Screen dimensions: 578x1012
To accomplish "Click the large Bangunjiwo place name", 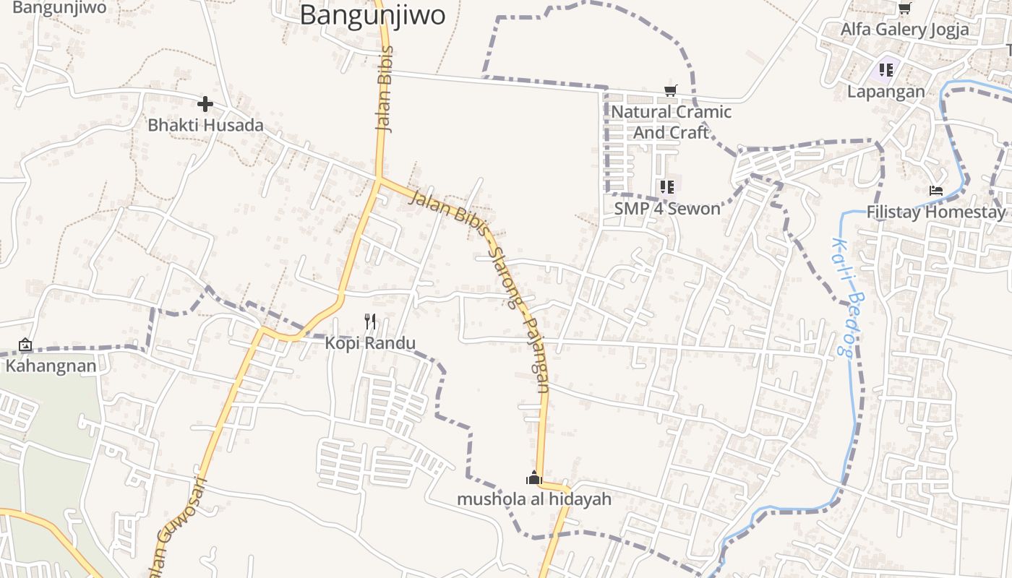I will coord(372,15).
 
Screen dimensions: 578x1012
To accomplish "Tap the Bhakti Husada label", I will coord(205,125).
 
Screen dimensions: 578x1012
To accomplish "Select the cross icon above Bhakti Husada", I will coord(205,104).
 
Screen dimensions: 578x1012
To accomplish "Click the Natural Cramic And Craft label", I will coord(671,122).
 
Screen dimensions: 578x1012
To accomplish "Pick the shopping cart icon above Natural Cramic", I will coord(671,90).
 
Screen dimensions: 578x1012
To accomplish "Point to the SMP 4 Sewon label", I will coord(667,209).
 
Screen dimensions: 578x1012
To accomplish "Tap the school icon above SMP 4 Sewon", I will coord(667,187).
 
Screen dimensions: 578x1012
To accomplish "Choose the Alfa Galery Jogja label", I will coord(904,30).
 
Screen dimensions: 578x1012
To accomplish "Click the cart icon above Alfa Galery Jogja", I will coord(904,8).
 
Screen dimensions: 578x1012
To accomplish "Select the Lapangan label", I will coord(886,92).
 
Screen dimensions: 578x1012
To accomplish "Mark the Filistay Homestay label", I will coord(935,212).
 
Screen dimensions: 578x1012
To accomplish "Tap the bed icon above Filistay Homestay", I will coord(936,191).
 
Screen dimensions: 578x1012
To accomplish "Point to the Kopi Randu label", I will coord(370,342).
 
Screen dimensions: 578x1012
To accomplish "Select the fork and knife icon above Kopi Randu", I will coord(371,322).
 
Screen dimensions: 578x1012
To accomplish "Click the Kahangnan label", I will coord(51,366).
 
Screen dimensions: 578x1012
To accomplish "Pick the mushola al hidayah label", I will coord(534,499).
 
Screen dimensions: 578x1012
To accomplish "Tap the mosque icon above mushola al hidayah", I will coord(534,478).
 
